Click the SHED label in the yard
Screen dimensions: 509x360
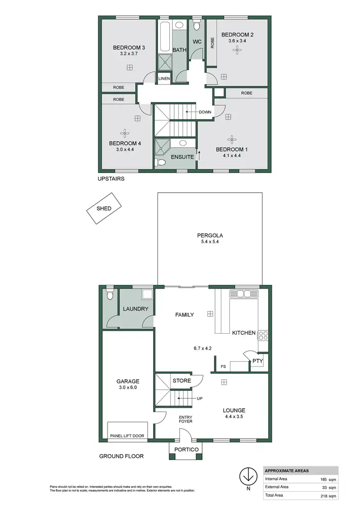pos(104,208)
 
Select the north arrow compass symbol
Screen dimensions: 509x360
pos(247,478)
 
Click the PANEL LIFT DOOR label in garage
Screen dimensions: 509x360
pos(127,436)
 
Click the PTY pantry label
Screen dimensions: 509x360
pos(257,359)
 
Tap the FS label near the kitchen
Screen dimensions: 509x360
pos(223,367)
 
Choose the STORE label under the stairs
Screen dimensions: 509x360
pos(182,381)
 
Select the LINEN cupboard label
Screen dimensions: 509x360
pos(164,78)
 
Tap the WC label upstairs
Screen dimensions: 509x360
pos(197,42)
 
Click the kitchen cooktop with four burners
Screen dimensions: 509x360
pos(263,335)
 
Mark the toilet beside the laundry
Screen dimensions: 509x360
pos(110,295)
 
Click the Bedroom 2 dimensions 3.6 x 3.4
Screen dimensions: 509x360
pos(237,41)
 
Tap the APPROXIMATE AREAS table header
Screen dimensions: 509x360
pos(287,471)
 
